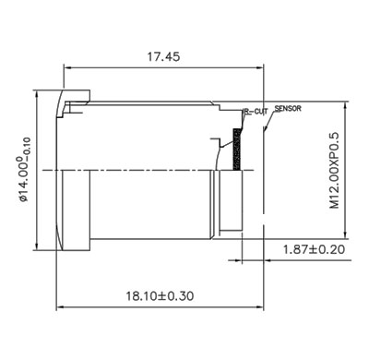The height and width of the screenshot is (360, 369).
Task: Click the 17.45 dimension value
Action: tap(163, 57)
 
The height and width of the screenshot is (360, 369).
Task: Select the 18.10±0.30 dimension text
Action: tap(160, 296)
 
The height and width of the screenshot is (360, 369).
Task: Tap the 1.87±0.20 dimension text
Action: tap(314, 249)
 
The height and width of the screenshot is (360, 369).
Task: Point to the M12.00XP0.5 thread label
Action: tap(334, 171)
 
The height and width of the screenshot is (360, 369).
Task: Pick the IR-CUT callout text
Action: tap(256, 112)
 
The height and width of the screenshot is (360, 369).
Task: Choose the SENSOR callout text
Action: tap(288, 109)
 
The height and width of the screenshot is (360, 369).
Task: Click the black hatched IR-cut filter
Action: tap(237, 149)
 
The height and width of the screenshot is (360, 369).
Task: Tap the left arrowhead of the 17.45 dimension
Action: tap(67, 67)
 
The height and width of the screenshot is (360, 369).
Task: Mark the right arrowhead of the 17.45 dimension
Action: tap(260, 67)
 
